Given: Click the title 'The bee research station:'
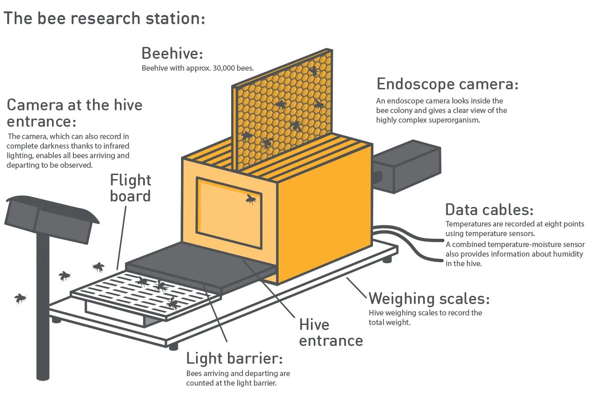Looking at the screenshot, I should coord(104,19).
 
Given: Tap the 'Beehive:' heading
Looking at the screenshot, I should coord(172,54).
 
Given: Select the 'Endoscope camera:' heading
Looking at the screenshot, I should coord(447,84).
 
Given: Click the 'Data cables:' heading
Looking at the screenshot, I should coord(489,210).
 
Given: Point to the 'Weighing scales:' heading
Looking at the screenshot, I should coord(429,299).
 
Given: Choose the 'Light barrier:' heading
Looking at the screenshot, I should coord(234,358).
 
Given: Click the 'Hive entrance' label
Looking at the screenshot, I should coord(331,333).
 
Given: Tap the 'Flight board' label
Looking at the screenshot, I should coord(130,188).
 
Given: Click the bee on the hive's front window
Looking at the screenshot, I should coord(250,199).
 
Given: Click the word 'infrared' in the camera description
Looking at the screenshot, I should coord(116,146).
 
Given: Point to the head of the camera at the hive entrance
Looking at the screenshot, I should coord(50,218).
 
